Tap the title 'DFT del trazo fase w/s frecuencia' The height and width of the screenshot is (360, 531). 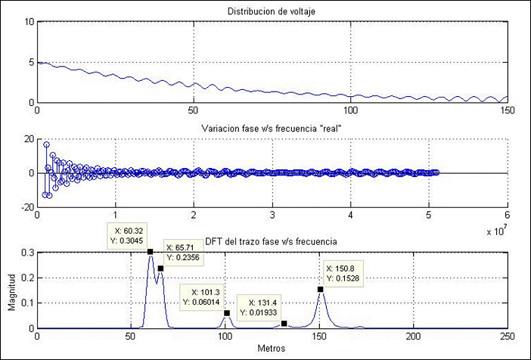pyautogui.click(x=272, y=241)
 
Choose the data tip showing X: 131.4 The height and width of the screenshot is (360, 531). pyautogui.click(x=259, y=308)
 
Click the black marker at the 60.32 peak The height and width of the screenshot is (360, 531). pyautogui.click(x=150, y=251)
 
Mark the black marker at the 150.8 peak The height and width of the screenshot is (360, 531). pyautogui.click(x=321, y=289)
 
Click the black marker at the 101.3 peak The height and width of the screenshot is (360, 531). pyautogui.click(x=227, y=313)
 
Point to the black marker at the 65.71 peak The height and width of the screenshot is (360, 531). pyautogui.click(x=160, y=268)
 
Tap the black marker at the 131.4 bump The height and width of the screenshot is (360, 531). pyautogui.click(x=284, y=324)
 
